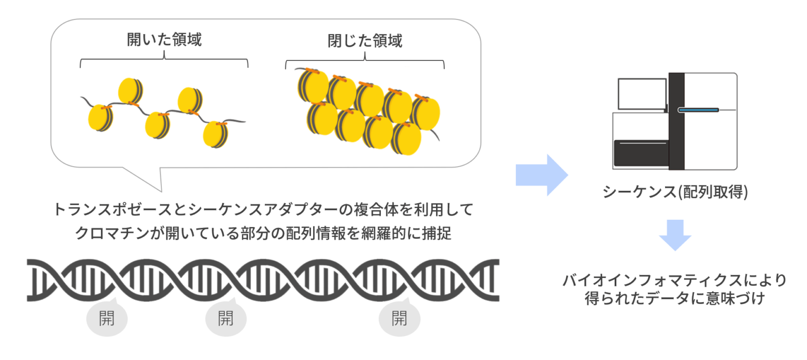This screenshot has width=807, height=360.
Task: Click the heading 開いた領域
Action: (x=164, y=40)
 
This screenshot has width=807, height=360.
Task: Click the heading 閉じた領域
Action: (x=365, y=40)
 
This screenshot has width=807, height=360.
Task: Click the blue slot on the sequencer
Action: (x=698, y=110)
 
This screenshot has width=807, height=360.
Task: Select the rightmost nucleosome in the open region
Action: (x=215, y=135)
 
